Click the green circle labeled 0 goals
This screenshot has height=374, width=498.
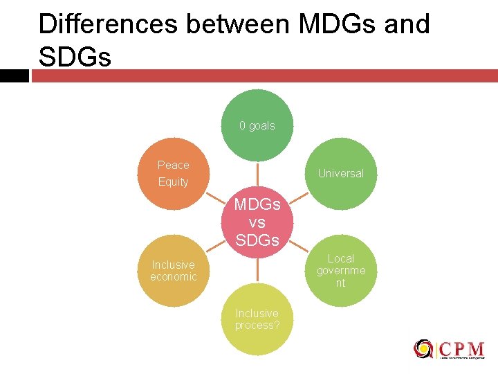point(257,125)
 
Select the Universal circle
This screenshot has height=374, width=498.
point(340,173)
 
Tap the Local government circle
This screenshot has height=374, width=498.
point(340,270)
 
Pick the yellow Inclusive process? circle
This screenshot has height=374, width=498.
point(257,319)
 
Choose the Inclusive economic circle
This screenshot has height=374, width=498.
point(174,271)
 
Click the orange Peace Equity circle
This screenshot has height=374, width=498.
point(174,173)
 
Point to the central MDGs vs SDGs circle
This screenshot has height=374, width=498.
point(257,222)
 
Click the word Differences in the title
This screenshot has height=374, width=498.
point(107,25)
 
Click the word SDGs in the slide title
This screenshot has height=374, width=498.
point(75,57)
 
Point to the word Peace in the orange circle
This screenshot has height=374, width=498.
point(173,165)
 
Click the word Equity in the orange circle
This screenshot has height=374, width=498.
point(173,181)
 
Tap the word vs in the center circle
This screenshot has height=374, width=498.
point(257,223)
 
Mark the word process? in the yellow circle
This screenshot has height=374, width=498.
point(257,326)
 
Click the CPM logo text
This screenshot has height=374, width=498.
point(461,347)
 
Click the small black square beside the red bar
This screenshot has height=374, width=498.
point(14,75)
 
